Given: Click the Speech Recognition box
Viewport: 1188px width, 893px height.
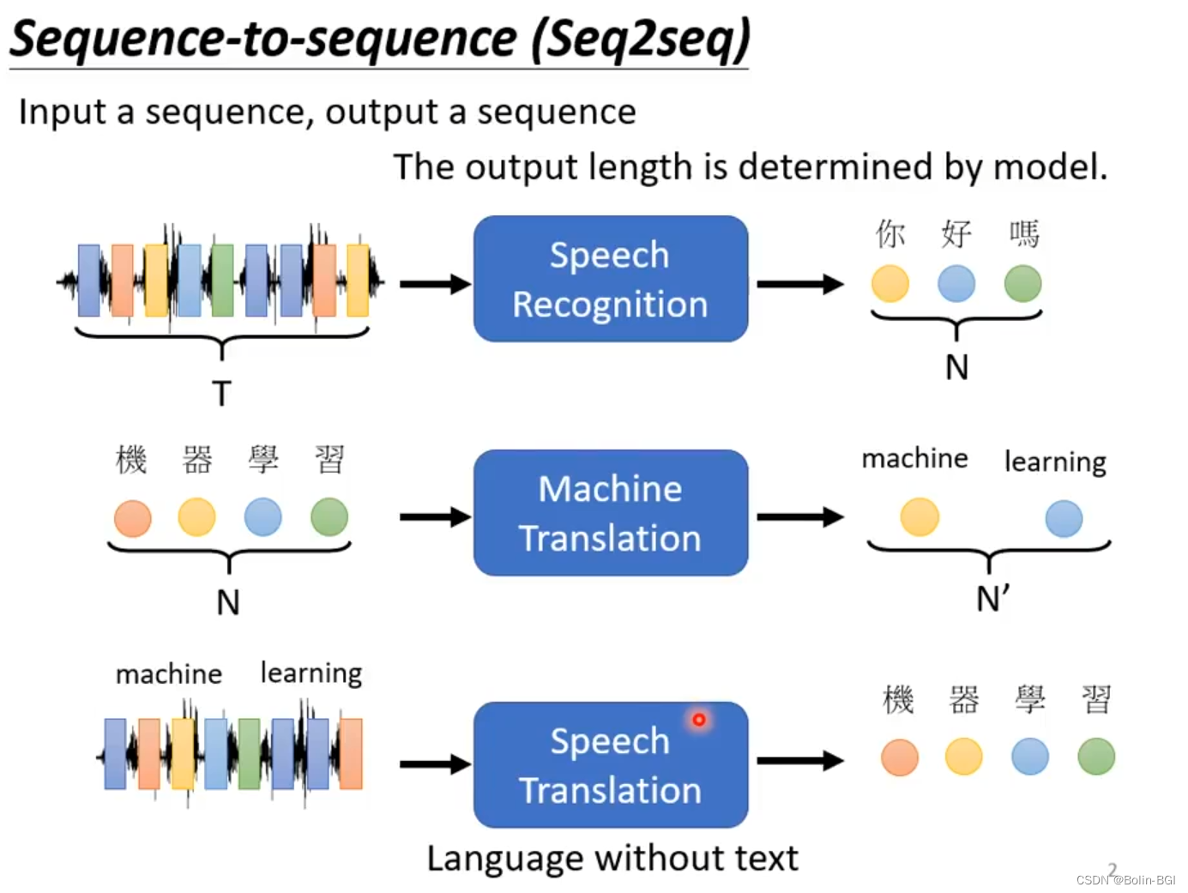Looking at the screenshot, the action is click(611, 279).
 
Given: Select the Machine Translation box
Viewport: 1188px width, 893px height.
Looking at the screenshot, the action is click(611, 512).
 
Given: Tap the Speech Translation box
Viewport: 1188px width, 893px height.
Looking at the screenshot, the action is click(611, 764).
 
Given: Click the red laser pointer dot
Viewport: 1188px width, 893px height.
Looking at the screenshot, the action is click(699, 719).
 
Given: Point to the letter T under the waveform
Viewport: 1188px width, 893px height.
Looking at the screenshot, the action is click(221, 393).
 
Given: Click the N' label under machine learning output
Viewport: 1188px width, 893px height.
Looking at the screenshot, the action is click(992, 599).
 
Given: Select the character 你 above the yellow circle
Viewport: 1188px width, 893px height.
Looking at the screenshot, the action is click(890, 234).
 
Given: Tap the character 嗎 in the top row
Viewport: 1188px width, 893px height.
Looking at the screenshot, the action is click(1023, 234).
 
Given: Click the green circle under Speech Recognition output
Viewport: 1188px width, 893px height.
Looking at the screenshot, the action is click(1022, 283).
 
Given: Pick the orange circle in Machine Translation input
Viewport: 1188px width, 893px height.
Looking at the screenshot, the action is click(133, 518).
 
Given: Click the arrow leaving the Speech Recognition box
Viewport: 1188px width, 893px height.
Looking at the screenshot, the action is click(800, 284).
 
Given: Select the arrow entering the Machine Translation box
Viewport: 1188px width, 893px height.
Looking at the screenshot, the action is click(435, 517).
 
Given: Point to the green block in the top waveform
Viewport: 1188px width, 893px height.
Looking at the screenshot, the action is click(222, 280).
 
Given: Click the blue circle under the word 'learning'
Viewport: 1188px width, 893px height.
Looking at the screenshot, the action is click(1064, 518).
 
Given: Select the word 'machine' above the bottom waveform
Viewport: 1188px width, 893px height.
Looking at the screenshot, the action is click(169, 674).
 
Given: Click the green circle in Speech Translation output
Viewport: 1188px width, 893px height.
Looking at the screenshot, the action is click(1096, 756).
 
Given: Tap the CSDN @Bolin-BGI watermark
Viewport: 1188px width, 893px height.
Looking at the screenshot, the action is click(1125, 879).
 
